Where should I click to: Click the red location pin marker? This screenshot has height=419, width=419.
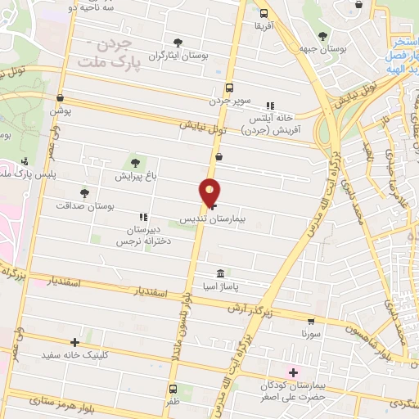click(210, 192)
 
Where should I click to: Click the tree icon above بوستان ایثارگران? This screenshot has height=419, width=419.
click(178, 43)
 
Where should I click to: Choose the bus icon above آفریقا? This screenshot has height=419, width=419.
click(264, 14)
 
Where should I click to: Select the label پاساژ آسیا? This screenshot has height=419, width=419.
click(221, 285)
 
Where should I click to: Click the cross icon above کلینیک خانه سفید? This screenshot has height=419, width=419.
click(75, 342)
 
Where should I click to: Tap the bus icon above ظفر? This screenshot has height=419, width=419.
click(173, 389)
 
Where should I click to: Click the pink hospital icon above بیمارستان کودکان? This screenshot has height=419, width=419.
click(292, 372)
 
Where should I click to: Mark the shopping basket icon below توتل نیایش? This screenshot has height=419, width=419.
click(219, 155)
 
